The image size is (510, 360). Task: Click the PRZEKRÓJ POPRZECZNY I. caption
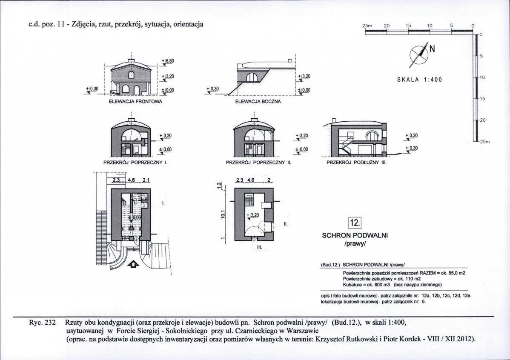(134, 162)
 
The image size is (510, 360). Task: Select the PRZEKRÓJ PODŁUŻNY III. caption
(356, 162)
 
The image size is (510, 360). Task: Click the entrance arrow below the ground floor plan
(133, 265)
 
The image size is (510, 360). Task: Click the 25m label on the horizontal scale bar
(367, 26)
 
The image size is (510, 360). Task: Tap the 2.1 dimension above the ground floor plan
(146, 180)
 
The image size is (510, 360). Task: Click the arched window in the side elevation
(252, 77)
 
